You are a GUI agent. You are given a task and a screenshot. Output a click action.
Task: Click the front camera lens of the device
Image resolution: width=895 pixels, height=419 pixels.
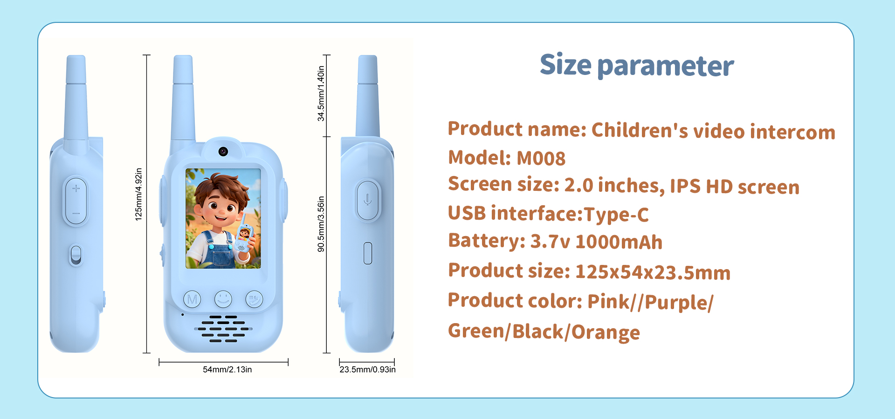click(223, 151)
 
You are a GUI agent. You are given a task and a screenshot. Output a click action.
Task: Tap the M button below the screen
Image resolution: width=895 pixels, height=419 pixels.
click(192, 299)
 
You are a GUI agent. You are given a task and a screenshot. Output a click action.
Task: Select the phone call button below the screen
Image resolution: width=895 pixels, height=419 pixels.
click(254, 299)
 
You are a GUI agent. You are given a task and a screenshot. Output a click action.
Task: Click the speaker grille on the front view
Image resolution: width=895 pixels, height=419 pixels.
click(223, 329)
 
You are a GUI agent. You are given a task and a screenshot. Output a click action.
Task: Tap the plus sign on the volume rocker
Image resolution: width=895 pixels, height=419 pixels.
click(76, 189)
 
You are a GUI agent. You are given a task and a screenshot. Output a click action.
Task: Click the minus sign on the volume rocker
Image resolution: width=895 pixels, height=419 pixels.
click(76, 214)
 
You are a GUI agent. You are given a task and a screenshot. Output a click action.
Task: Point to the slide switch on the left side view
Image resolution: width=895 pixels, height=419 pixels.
click(76, 256)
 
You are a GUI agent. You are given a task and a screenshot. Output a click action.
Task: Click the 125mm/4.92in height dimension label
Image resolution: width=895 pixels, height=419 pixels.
click(138, 194)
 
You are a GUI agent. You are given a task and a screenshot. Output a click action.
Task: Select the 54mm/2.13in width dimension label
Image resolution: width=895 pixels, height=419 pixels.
click(227, 370)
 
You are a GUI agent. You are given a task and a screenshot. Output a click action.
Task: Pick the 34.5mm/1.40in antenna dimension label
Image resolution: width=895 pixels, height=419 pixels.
click(321, 94)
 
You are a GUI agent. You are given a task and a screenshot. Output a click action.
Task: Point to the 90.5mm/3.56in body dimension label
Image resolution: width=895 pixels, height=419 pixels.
click(321, 224)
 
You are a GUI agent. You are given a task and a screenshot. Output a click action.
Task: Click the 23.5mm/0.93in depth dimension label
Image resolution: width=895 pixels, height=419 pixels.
click(367, 370)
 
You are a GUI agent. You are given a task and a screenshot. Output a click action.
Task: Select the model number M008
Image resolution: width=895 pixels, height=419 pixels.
click(541, 159)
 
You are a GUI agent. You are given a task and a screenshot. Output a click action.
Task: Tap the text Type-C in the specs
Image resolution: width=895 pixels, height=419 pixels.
click(616, 215)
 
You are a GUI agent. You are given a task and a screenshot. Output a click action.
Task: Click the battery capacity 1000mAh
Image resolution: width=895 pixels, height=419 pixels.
click(619, 243)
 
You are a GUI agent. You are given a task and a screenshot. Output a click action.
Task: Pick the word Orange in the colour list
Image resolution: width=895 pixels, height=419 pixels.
click(606, 332)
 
